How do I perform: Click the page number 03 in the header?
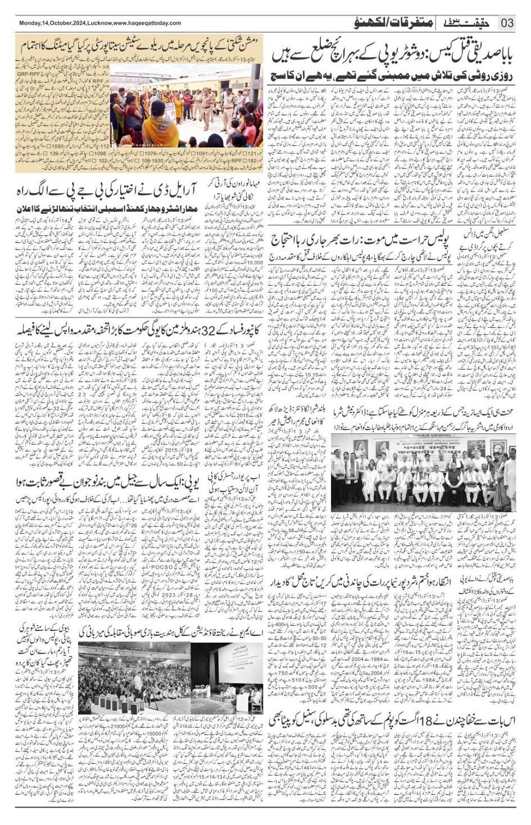(x=507, y=23)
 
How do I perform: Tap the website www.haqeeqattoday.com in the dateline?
(x=147, y=23)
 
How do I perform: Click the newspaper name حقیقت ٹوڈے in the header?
(x=469, y=22)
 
